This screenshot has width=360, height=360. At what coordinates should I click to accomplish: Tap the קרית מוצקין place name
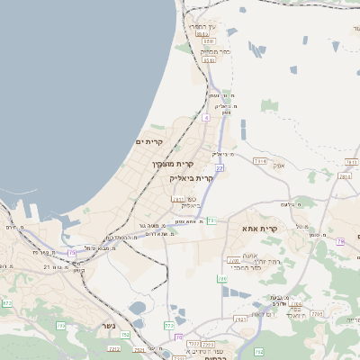[x=174, y=164]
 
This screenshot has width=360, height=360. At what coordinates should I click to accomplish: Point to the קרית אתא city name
[x=284, y=229]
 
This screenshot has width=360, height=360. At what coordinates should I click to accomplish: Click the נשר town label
[x=108, y=325]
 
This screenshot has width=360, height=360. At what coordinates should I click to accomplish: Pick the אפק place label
[x=279, y=166]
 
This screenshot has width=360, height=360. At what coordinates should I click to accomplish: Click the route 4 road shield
[x=205, y=117]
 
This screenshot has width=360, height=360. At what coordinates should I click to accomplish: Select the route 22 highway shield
[x=219, y=167]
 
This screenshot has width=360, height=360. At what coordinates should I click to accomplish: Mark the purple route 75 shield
[x=340, y=241]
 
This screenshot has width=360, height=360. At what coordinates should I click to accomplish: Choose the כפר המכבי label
[x=252, y=268]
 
